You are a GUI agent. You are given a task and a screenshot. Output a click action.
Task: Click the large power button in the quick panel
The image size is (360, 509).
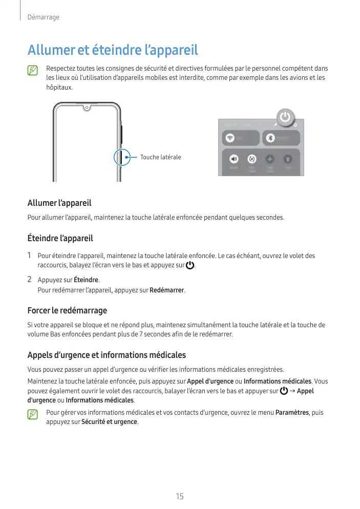(285, 118)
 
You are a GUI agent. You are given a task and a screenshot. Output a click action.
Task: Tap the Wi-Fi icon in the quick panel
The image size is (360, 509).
(230, 138)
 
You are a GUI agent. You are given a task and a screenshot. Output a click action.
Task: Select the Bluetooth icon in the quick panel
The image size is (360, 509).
(271, 138)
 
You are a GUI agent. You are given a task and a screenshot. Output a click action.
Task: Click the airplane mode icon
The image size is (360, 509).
(270, 159)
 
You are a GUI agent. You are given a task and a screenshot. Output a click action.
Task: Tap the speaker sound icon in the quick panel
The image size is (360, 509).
(234, 159)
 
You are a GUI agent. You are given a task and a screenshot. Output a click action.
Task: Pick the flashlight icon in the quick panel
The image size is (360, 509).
(289, 159)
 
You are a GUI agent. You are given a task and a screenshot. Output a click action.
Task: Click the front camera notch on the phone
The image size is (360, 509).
(87, 108)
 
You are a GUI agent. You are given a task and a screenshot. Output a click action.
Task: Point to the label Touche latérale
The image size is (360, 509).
(161, 157)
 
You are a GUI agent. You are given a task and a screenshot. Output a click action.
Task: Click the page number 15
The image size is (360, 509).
(180, 496)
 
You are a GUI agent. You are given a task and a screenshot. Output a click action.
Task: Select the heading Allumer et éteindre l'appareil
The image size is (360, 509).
(113, 51)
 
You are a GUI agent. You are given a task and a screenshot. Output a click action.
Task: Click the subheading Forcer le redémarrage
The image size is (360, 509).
(67, 310)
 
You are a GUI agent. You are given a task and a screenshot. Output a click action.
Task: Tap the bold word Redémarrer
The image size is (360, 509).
(166, 291)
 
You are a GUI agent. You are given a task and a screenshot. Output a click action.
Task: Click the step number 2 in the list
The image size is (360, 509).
(30, 280)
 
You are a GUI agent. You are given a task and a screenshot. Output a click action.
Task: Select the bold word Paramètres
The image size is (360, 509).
(292, 412)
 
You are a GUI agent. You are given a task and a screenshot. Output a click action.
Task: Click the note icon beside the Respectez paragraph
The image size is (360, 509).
(33, 70)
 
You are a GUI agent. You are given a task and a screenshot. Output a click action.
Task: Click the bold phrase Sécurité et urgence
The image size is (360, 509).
(109, 422)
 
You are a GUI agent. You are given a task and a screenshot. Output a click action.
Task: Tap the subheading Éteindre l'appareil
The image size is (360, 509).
(60, 238)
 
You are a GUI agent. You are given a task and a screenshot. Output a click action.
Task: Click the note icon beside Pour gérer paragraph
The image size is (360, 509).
(33, 414)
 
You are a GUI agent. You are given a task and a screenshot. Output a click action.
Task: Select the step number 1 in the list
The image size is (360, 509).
(30, 255)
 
